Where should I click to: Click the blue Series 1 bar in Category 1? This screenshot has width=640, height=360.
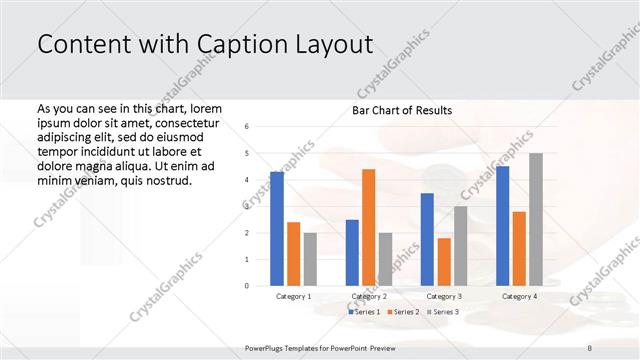pos(277,229)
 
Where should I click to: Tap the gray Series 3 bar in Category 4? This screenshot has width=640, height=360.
pos(536,219)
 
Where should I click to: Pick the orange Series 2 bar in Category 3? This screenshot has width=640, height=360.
pos(444,262)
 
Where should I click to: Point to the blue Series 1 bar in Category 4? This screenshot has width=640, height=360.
pos(502,226)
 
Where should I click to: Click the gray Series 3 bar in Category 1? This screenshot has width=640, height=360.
pos(310,259)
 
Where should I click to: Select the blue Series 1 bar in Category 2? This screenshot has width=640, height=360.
pos(352,253)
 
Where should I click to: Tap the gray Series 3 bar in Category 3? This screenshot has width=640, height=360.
pos(461,246)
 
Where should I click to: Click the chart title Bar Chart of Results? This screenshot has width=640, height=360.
pos(403,110)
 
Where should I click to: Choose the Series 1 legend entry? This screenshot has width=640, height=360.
pos(364,312)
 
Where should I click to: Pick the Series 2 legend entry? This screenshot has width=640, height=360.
pos(403,312)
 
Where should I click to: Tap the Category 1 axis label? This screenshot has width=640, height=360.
pos(294,297)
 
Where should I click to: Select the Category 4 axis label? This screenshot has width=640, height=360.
pos(519,297)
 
